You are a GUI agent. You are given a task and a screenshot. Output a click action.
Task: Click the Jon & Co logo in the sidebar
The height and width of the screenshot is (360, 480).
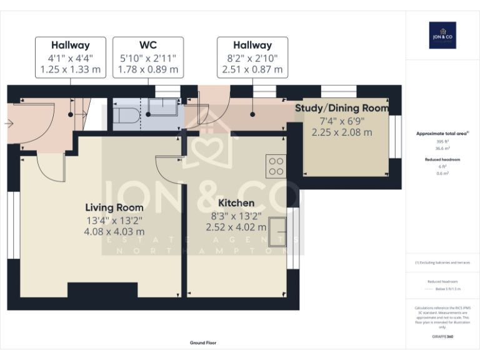point(442,36)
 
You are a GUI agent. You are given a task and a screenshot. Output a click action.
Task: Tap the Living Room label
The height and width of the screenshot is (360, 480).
point(114,207)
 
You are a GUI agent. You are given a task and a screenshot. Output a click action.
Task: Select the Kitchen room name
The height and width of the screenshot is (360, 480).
point(236,203)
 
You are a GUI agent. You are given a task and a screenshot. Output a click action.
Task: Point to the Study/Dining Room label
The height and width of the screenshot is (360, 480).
point(341,108)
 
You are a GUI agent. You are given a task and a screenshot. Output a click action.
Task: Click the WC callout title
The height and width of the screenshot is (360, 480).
point(148,45)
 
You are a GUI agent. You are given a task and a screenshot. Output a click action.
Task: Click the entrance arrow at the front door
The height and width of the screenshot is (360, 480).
point(8,124)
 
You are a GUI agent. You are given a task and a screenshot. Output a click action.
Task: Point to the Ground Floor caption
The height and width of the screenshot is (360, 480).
point(203,343)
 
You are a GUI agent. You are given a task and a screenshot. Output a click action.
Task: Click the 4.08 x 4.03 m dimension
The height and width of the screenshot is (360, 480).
point(114,231)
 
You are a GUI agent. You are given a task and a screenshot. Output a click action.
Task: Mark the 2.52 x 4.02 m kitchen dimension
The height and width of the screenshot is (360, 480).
point(236,227)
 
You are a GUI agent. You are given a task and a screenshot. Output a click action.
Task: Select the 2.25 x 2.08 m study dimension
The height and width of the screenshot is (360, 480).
point(341,132)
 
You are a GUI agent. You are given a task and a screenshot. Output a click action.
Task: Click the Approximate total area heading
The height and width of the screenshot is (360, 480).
point(442,134)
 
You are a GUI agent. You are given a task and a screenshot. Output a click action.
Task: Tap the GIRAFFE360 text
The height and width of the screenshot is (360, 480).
point(442,337)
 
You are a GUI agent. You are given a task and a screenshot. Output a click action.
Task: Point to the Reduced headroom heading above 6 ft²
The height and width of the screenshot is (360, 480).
point(442,160)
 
